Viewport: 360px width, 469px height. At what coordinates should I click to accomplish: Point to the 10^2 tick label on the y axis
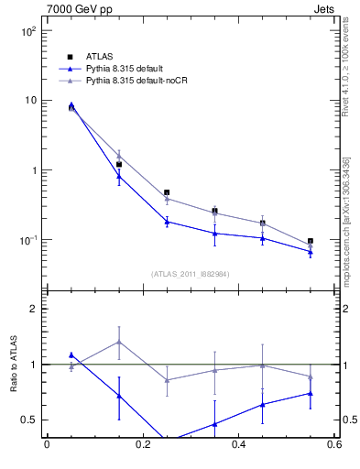(27, 31)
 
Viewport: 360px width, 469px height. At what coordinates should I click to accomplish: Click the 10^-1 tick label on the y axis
(27, 241)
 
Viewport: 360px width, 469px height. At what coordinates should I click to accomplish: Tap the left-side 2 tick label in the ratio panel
(34, 309)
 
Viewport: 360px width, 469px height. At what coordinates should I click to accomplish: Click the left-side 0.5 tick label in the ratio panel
(29, 420)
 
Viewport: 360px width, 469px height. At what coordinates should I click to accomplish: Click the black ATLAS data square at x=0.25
(167, 193)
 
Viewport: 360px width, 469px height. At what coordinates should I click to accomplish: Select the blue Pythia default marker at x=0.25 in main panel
(167, 222)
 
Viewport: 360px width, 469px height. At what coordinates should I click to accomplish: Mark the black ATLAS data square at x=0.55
(311, 242)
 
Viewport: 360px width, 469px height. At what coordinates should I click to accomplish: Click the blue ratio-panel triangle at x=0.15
(119, 396)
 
